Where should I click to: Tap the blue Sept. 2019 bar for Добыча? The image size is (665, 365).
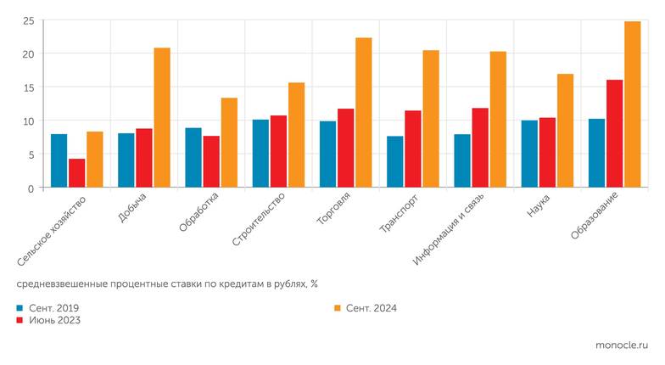click(x=126, y=160)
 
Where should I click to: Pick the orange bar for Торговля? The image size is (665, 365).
click(x=363, y=113)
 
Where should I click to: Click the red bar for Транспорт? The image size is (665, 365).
click(x=413, y=149)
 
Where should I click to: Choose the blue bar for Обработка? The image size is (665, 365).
click(x=193, y=158)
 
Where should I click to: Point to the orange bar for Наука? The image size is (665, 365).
click(x=565, y=131)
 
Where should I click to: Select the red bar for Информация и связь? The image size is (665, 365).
click(x=480, y=148)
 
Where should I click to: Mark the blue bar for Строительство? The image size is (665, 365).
click(x=260, y=154)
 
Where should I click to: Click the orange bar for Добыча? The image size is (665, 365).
click(x=161, y=118)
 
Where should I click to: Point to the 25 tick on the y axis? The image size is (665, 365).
click(x=28, y=20)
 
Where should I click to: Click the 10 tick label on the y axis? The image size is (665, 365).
click(x=28, y=121)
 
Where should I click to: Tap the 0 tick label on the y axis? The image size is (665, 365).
click(x=31, y=188)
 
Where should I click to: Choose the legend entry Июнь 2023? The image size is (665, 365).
click(x=53, y=320)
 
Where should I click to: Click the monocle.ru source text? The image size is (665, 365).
click(x=623, y=345)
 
